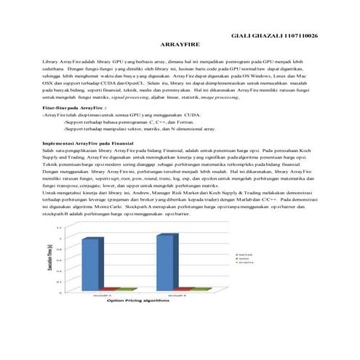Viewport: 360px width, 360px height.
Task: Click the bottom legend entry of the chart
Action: (x=244, y=263)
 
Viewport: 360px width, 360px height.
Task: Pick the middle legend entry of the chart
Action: (x=244, y=258)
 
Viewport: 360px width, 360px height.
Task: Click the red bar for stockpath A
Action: (x=101, y=289)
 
